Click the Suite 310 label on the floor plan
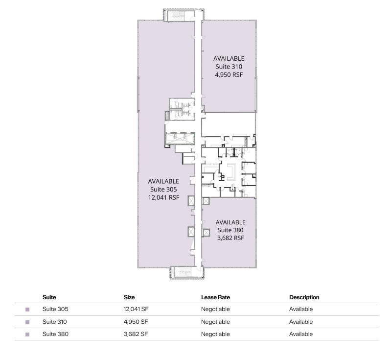point(229,67)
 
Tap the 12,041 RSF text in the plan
point(164,198)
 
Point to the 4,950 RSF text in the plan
point(229,75)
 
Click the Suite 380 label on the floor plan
point(230,230)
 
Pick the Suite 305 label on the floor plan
point(163,190)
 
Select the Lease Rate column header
point(215,297)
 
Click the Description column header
point(304,297)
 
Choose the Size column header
point(129,297)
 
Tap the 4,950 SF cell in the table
point(136,322)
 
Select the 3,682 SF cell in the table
point(136,334)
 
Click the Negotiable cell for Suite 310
point(215,322)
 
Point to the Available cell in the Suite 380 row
point(300,334)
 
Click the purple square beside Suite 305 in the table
point(27,310)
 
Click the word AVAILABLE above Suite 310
point(229,58)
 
